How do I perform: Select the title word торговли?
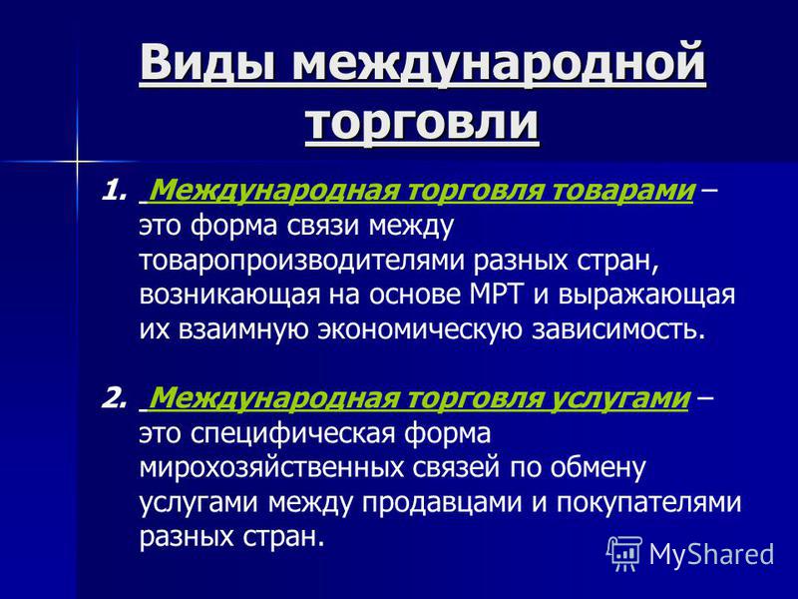point(422,124)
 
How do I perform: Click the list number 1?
point(112,192)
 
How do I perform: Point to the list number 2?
point(113,398)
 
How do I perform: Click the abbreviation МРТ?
point(496,295)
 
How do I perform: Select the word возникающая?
point(229,297)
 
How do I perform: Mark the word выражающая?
point(646,297)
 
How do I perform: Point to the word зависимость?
point(619,330)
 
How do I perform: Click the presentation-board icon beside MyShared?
point(624,554)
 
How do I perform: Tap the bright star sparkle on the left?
point(78,162)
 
